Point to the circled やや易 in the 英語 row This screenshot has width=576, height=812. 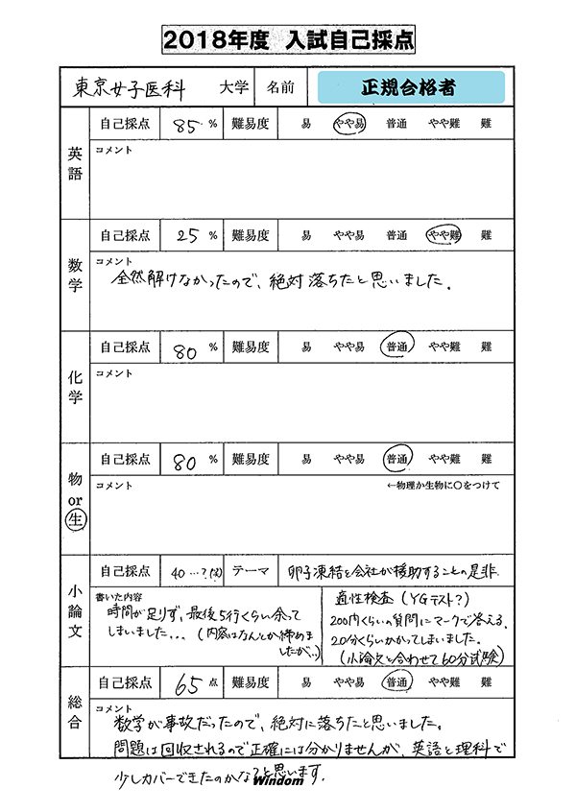pyautogui.click(x=348, y=124)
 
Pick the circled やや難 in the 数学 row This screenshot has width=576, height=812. pyautogui.click(x=444, y=235)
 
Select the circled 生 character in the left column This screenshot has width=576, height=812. pyautogui.click(x=75, y=522)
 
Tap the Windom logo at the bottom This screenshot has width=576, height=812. pyautogui.click(x=278, y=780)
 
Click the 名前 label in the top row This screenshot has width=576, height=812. pyautogui.click(x=280, y=87)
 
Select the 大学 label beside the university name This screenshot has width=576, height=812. pyautogui.click(x=233, y=87)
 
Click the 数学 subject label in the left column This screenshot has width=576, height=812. pyautogui.click(x=75, y=275)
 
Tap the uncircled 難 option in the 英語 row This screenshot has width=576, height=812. pyautogui.click(x=487, y=124)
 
